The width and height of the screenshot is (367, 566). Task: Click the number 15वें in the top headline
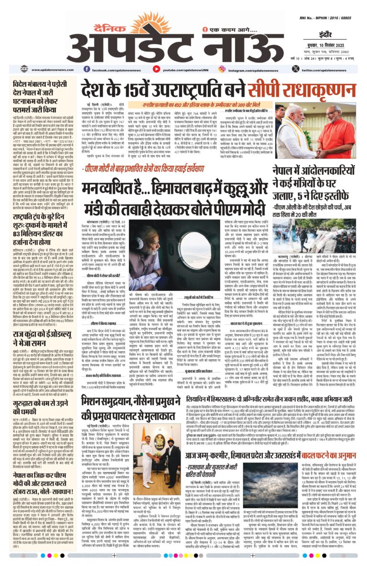coord(129,89)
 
